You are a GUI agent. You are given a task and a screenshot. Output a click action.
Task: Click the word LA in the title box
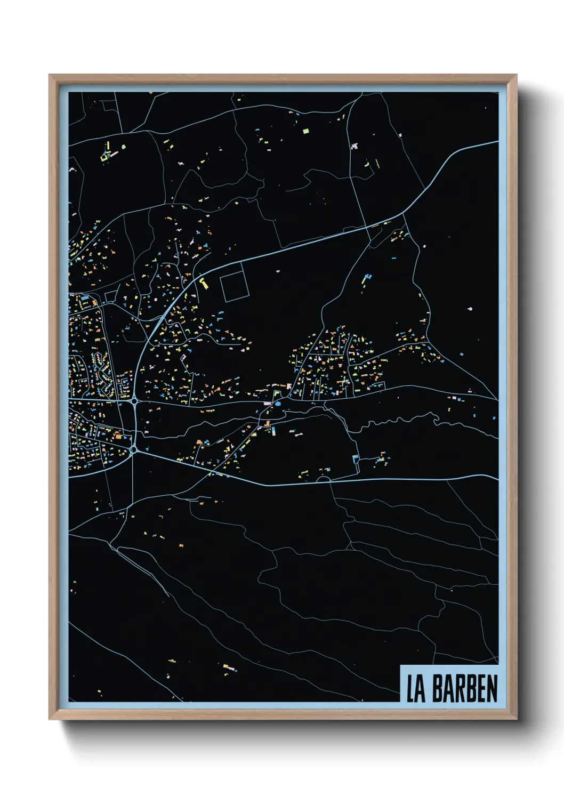point(416,689)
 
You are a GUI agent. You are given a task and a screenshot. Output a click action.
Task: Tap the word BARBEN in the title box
point(465,689)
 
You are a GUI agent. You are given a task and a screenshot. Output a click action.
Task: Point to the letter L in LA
point(411,689)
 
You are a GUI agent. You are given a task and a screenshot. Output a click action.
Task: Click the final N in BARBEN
point(492,689)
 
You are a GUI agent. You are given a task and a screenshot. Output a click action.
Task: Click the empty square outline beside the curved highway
point(233,286)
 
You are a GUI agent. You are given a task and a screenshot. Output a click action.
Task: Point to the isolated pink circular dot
point(470,309)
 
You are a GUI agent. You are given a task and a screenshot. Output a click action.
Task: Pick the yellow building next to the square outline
point(204,284)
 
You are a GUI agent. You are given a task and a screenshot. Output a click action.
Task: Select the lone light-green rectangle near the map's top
point(305,130)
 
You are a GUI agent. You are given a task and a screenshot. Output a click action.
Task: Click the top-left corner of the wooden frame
point(50,76)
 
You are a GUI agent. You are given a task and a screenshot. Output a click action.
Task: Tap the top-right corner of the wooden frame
point(515,76)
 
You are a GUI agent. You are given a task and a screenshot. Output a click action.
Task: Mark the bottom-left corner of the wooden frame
point(50,719)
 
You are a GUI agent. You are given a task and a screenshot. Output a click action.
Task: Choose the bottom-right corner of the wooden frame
point(515,719)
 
